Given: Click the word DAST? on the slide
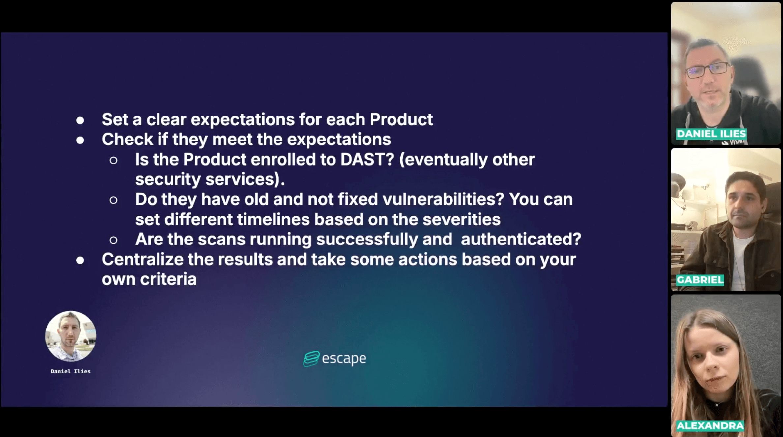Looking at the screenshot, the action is coord(367,160).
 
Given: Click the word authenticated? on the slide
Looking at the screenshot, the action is coord(521,239).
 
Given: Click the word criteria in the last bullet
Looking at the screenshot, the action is coord(168,279).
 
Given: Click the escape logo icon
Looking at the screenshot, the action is coord(311,359).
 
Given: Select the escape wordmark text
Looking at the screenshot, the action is coord(344,359).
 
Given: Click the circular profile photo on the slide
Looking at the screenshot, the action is coord(71,336).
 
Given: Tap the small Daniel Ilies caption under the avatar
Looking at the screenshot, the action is coord(71,371).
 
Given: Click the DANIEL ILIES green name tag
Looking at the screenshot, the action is coord(711,134).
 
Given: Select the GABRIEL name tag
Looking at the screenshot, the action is coord(700,280).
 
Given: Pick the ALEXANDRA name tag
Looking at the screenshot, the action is coord(710,426).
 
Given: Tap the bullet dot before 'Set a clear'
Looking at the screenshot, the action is coord(80,120).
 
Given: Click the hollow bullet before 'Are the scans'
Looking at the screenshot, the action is coord(113,240).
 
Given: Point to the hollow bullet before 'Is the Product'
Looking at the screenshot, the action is coord(113,161).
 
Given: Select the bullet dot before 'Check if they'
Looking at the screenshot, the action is coord(80,141).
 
